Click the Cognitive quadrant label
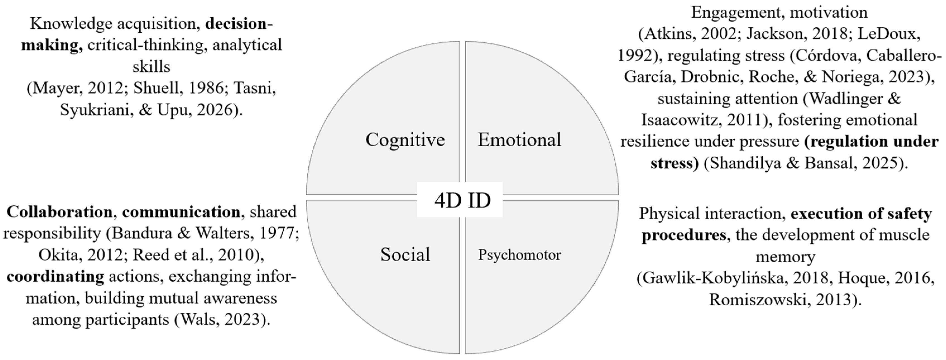[405, 140]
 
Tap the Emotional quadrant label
[519, 140]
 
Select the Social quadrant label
[405, 255]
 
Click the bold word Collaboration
[59, 212]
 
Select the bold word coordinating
[55, 277]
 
